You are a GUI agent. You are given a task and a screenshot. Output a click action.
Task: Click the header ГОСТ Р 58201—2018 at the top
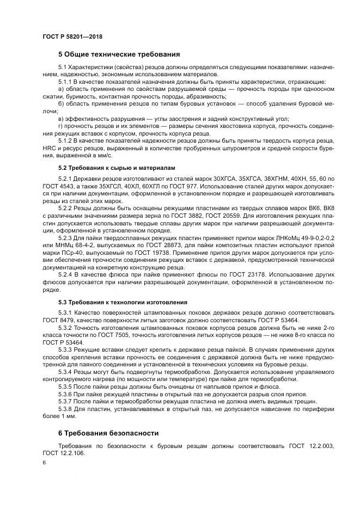[x=72, y=36]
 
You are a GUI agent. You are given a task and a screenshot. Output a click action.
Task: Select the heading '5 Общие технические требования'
[x=119, y=54]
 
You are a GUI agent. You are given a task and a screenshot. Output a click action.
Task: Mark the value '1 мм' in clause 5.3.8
[x=63, y=416]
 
